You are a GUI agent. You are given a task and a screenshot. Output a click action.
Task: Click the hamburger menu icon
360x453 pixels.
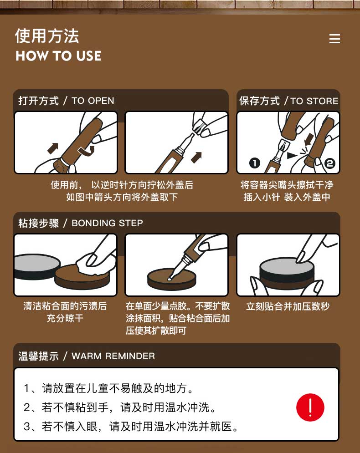[x=334, y=39]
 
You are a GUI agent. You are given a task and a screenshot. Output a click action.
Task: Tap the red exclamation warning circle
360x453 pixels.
[x=310, y=407]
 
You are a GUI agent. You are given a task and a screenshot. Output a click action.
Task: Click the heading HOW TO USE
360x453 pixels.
[x=58, y=56]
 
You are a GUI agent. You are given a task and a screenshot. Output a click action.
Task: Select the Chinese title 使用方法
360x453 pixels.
[x=47, y=36]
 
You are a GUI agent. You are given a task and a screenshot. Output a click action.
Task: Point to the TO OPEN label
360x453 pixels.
[x=93, y=101]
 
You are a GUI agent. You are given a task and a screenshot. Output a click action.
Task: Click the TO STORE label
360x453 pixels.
[x=314, y=101]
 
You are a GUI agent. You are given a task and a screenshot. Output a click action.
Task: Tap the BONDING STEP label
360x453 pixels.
[x=107, y=223]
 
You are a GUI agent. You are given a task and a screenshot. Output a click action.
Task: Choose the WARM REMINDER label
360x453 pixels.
[x=113, y=356]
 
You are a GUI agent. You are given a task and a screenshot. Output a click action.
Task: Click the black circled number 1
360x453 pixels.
[x=255, y=163]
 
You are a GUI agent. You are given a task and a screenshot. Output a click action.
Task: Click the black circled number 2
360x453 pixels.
[x=329, y=163]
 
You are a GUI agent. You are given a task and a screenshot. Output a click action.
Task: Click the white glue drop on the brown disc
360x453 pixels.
[x=170, y=279]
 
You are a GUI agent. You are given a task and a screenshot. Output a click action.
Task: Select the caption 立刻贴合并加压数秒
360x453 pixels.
[x=288, y=306]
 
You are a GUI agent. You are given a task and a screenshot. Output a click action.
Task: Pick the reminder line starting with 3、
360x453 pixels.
[x=131, y=427]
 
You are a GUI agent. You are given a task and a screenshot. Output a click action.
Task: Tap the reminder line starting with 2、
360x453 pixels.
[x=120, y=407]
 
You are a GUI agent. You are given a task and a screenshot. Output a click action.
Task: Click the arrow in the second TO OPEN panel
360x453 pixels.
[x=196, y=158]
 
